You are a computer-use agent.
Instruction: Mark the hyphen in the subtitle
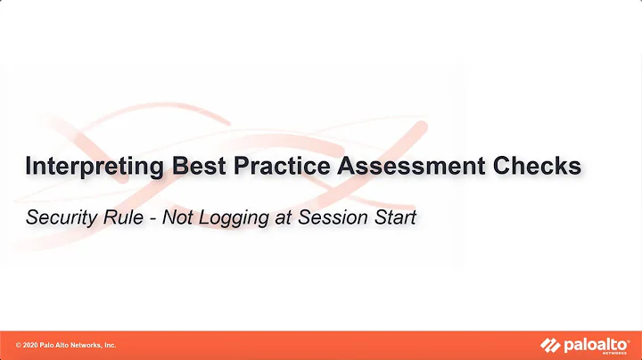pos(146,217)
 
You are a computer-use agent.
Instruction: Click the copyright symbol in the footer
pos(19,345)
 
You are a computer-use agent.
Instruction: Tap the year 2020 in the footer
pos(32,345)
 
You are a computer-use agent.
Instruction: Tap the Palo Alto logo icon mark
pos(550,344)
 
